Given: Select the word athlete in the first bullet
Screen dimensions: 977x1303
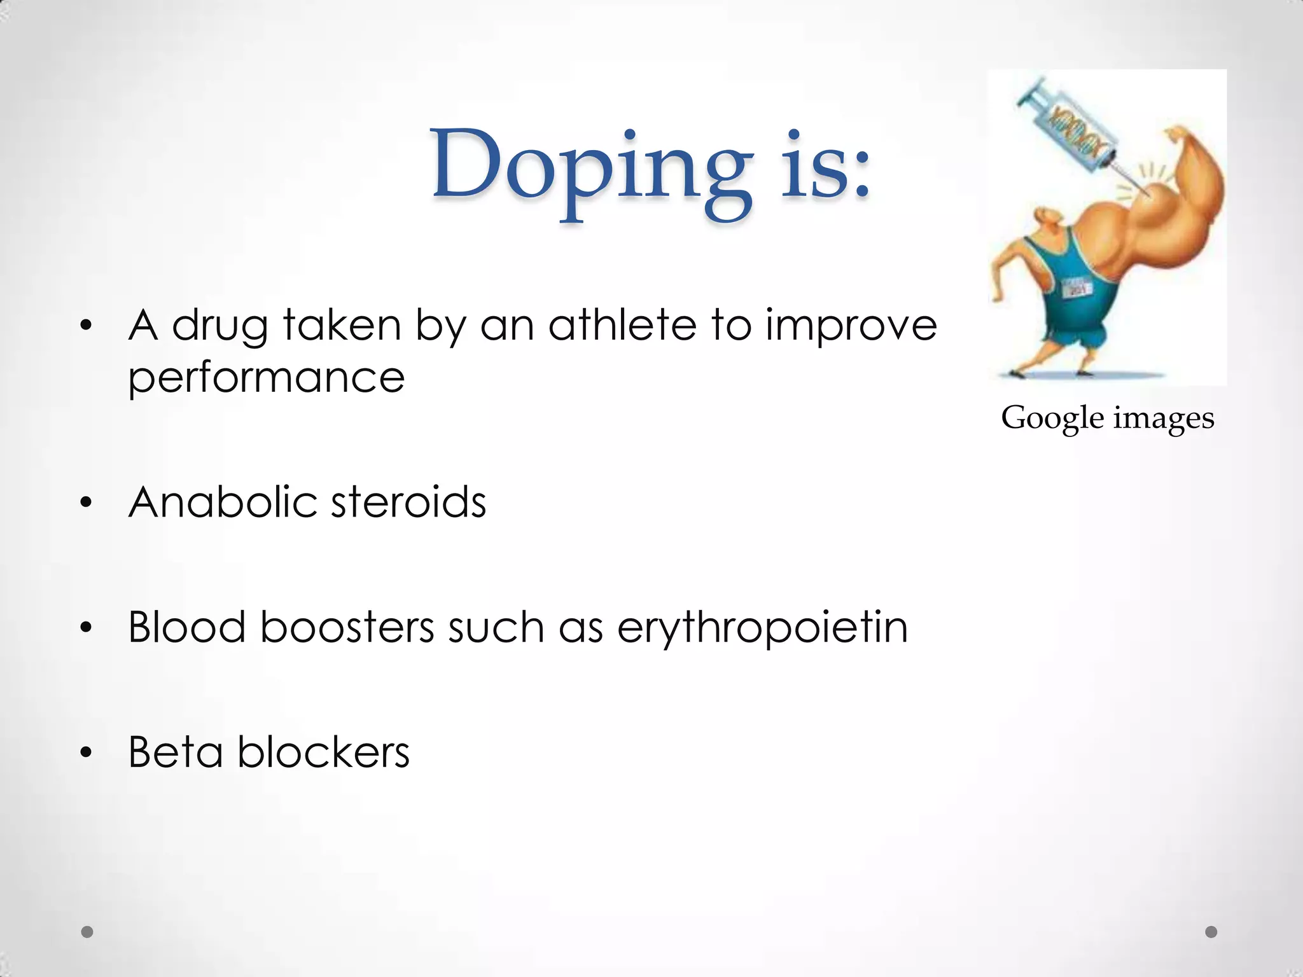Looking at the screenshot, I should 622,326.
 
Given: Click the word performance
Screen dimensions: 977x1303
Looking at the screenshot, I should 267,378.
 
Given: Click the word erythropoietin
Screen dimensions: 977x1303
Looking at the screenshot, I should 762,628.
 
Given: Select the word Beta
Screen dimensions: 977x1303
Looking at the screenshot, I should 176,752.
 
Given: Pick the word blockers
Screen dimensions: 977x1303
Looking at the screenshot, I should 323,752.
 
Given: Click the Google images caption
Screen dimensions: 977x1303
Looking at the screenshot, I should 1108,419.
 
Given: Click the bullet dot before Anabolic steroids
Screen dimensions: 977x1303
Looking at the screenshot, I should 87,504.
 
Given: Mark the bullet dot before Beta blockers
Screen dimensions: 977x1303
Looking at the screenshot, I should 87,754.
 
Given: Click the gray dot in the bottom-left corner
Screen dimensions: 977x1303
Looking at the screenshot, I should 88,932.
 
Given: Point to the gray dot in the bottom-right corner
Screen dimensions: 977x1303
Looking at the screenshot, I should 1211,932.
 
